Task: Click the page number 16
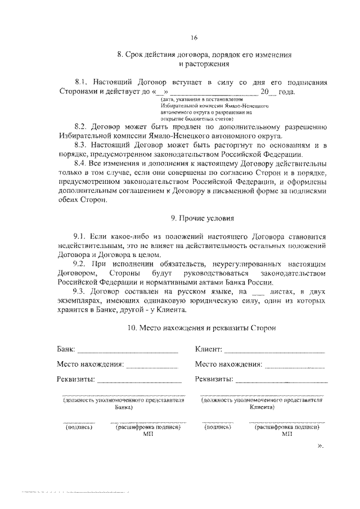[x=193, y=38]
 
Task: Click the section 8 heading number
[x=119, y=55]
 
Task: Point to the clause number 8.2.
[x=81, y=127]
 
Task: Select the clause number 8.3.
[x=81, y=145]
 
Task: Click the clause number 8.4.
[x=81, y=163]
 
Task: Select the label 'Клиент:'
[x=209, y=350]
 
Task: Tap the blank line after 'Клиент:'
[x=274, y=352]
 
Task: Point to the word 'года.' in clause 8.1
[x=284, y=91]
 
